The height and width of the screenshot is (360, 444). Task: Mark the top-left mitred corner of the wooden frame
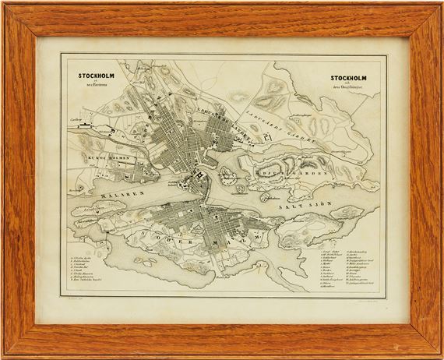9,9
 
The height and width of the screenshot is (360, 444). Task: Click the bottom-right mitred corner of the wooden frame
434,350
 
